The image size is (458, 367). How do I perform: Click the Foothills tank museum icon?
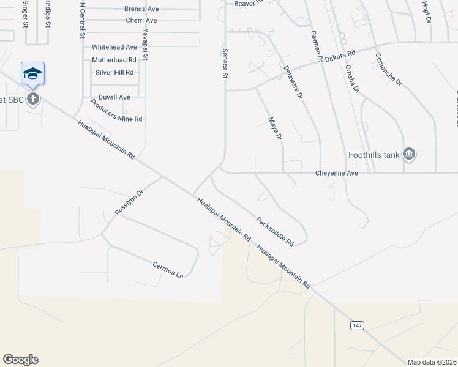(410, 155)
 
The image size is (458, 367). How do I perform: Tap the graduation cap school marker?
(32, 75)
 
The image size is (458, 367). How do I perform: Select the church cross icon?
(33, 99)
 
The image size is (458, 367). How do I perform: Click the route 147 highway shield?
(358, 325)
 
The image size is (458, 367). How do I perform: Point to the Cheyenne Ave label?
(336, 174)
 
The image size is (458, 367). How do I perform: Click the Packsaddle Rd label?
(275, 231)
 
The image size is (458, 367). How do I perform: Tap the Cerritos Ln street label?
(168, 270)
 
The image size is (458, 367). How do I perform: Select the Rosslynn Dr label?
(129, 202)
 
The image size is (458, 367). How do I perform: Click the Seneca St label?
(225, 64)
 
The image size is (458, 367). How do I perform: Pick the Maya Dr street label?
(275, 130)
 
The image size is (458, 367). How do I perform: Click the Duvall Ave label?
(114, 97)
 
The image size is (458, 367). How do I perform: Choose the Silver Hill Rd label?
(114, 73)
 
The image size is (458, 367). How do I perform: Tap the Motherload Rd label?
(114, 60)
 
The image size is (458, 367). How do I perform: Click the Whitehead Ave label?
(114, 47)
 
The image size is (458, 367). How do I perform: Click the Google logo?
(20, 360)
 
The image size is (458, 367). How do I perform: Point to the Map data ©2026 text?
(431, 362)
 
